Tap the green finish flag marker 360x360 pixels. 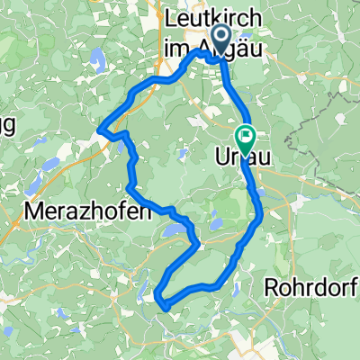245,137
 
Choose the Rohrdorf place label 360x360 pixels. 311,288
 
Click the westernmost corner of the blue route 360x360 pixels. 98,129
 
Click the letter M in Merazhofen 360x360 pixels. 39,214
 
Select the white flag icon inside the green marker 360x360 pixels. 245,136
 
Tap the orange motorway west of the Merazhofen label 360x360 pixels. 13,234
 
